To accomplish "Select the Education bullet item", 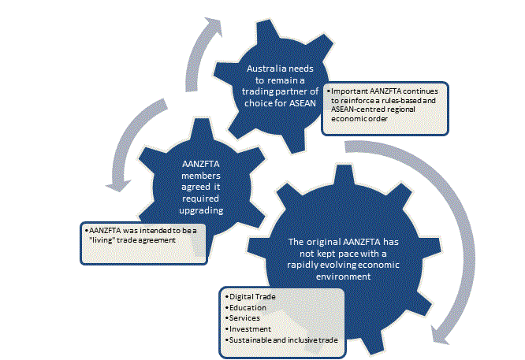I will (x=244, y=307).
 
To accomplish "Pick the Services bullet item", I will (x=243, y=317).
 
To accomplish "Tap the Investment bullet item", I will (x=248, y=328).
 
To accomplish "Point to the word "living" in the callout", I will (x=103, y=239).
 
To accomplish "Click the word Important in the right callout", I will (x=351, y=91).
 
